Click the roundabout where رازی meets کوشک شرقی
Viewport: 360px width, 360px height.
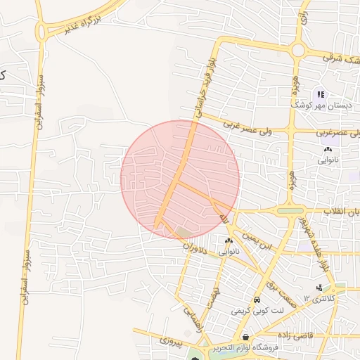(x=298, y=50)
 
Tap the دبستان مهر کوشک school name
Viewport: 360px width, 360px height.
(x=318, y=105)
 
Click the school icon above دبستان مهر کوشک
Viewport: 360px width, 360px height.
(x=321, y=94)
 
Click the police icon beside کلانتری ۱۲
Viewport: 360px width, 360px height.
(x=321, y=288)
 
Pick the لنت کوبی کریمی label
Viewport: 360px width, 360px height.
(x=258, y=310)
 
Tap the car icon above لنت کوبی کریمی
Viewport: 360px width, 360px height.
(x=257, y=300)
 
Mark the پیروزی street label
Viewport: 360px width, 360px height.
(x=169, y=342)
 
